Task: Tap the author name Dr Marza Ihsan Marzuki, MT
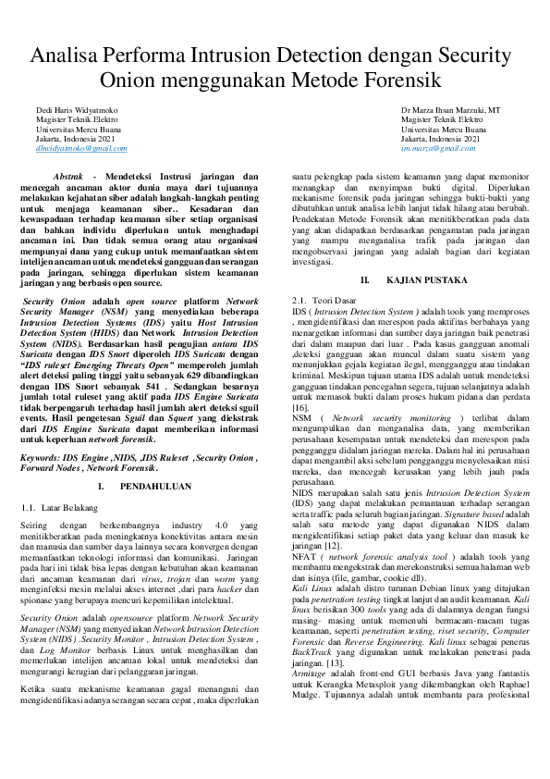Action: [x=451, y=109]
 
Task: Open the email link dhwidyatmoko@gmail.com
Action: [x=81, y=148]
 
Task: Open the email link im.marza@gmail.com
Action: [x=434, y=148]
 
